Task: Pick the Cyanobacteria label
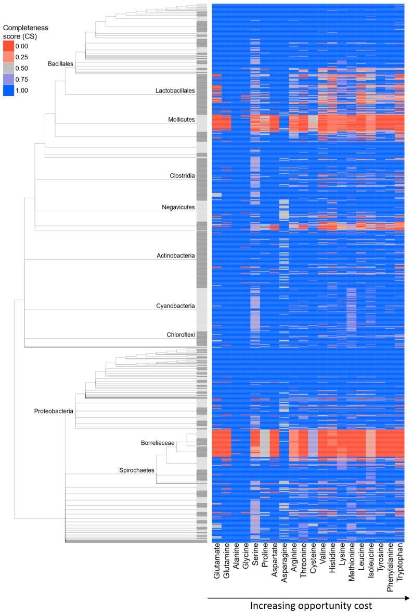point(176,306)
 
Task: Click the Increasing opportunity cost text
point(307,606)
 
